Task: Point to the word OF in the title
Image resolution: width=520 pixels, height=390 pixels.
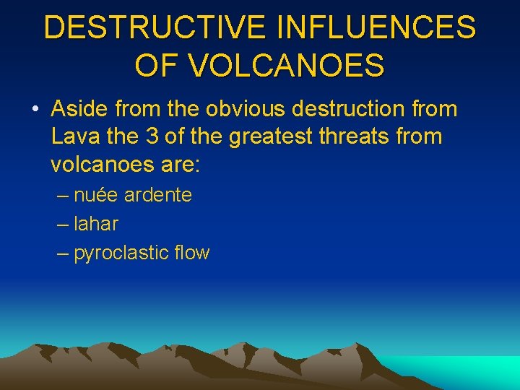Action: pos(152,66)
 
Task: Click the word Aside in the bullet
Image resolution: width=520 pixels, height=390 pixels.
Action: pos(79,109)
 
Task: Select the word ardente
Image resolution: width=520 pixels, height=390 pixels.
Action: pos(158,195)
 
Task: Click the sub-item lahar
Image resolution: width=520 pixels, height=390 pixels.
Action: pos(95,224)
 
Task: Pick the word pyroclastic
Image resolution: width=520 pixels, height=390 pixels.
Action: pos(121,253)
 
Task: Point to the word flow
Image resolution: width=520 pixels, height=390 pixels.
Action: pos(191,253)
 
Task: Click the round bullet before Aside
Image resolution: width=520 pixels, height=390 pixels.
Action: pos(35,110)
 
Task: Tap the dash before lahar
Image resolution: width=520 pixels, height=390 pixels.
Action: pos(63,224)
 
